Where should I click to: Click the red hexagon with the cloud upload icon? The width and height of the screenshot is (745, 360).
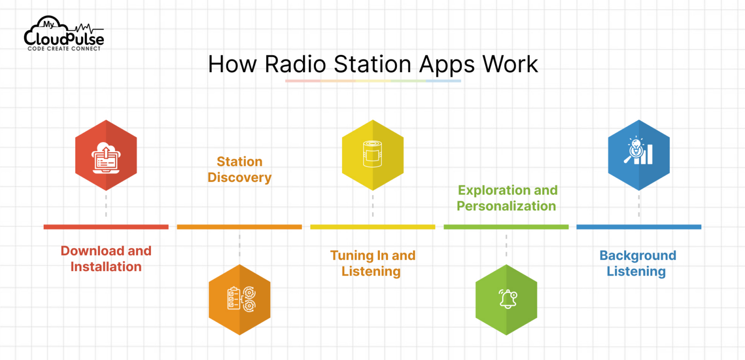[x=106, y=155]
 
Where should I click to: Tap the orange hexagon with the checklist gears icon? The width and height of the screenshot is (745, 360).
[x=240, y=299]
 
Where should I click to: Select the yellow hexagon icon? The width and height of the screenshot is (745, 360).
[x=372, y=155]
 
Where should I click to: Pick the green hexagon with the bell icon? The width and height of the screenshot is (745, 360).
[x=506, y=299]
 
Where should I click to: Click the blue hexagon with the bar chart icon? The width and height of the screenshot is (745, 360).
[x=639, y=155]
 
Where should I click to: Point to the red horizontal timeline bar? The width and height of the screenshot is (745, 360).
[x=106, y=227]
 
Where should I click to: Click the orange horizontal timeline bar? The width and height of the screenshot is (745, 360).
[x=239, y=227]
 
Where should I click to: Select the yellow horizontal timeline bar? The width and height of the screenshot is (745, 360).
[x=372, y=227]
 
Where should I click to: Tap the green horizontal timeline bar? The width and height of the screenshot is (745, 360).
[x=506, y=227]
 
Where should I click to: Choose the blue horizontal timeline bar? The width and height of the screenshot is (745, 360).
[x=639, y=227]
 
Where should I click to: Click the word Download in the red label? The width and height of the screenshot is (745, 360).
[x=86, y=251]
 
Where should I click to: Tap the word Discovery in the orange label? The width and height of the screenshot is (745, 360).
[x=240, y=178]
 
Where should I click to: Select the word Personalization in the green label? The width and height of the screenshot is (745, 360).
[x=506, y=206]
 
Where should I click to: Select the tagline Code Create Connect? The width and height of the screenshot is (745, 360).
[x=64, y=49]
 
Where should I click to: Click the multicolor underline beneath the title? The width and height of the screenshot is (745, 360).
[x=372, y=81]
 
